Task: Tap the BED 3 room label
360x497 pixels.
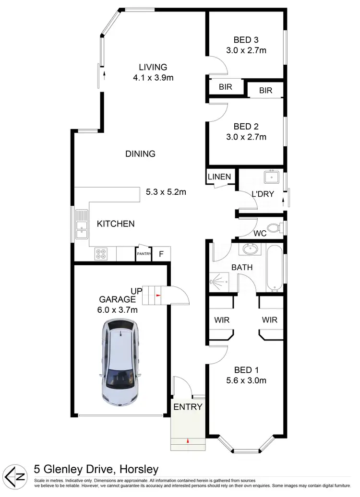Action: [x=246, y=40]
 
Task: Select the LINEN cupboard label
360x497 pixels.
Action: [x=219, y=177]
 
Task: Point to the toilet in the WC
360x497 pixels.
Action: [x=275, y=227]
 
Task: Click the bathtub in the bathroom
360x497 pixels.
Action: [x=274, y=269]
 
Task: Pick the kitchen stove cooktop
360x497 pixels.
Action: [x=101, y=253]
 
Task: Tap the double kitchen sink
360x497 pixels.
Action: [x=81, y=225]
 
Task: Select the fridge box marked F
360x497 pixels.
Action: [x=161, y=254]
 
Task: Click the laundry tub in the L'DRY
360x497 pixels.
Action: [x=272, y=177]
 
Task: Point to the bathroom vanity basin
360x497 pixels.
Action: [x=250, y=249]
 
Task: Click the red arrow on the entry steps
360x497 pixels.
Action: [x=188, y=440]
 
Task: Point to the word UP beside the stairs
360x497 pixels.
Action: [x=137, y=291]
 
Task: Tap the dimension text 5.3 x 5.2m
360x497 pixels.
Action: [x=166, y=192]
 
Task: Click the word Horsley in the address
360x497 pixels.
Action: [x=140, y=469]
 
